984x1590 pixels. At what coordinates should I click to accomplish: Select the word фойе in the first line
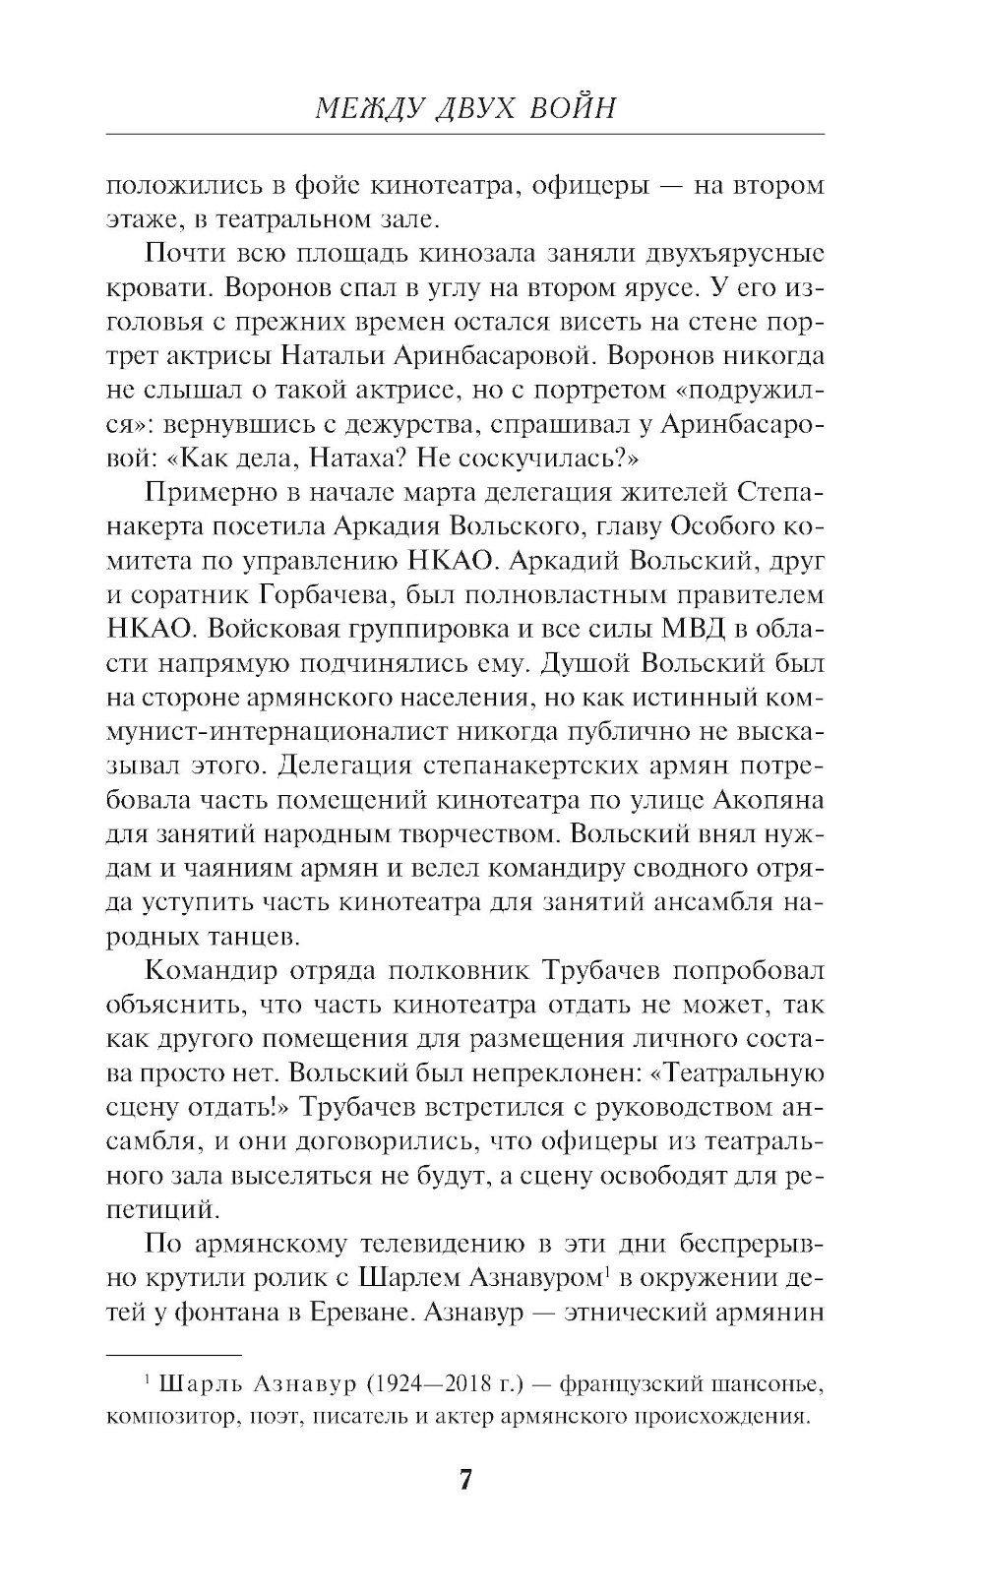334,184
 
